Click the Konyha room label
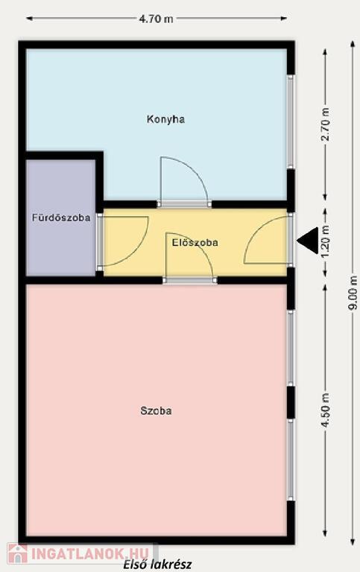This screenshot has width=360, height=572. pos(165,120)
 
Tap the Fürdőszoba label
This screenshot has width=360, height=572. pos(61,218)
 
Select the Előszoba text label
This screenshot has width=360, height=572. pos(195,243)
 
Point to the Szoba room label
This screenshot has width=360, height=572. pos(156,411)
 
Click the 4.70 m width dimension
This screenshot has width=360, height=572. pos(157,19)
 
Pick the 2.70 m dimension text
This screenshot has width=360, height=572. pos(326,124)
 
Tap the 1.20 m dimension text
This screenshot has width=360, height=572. pos(326,241)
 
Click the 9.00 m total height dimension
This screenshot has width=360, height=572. pos(353,293)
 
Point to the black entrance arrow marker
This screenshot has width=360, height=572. pos(309,240)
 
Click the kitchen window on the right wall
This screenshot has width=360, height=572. pos(290,121)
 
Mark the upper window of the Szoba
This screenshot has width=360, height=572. pos(290,348)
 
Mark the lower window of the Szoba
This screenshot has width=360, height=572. pos(290,460)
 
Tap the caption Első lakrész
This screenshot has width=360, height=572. pos(157,565)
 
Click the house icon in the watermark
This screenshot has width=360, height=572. pos(18,553)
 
